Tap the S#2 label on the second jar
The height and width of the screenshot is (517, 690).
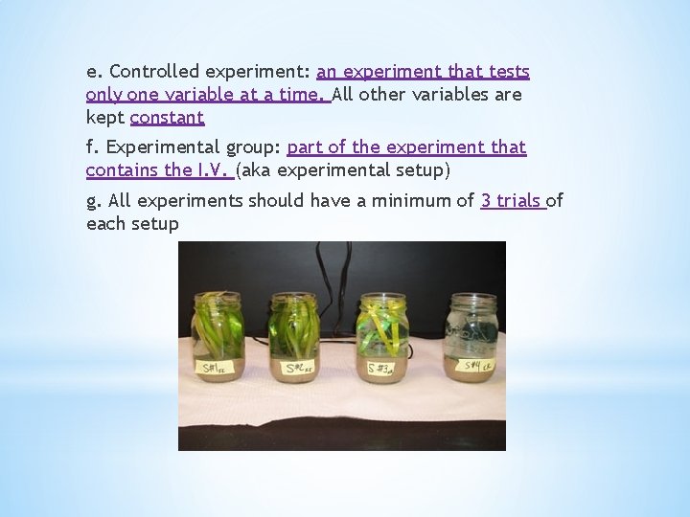[294, 367]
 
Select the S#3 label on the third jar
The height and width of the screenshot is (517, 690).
[378, 367]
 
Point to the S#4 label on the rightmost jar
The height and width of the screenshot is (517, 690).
[472, 365]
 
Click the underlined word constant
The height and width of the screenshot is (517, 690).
[167, 118]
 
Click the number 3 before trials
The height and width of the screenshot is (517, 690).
[486, 200]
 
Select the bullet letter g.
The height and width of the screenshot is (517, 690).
[92, 201]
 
